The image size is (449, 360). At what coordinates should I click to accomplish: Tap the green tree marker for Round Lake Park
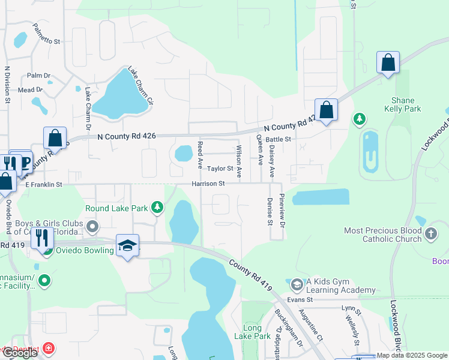click(x=157, y=208)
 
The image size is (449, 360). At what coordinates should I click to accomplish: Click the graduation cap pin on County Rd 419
click(x=127, y=245)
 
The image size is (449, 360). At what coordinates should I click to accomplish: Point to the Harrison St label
click(x=208, y=184)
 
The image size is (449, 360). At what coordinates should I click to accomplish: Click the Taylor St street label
click(x=220, y=169)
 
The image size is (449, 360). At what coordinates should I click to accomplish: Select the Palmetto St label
click(x=47, y=34)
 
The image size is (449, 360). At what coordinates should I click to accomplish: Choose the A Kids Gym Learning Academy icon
click(x=296, y=283)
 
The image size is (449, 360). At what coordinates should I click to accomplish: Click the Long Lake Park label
click(x=257, y=332)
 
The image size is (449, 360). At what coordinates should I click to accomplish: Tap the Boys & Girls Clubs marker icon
click(x=92, y=226)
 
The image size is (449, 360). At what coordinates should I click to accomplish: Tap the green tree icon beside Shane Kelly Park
click(x=359, y=119)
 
